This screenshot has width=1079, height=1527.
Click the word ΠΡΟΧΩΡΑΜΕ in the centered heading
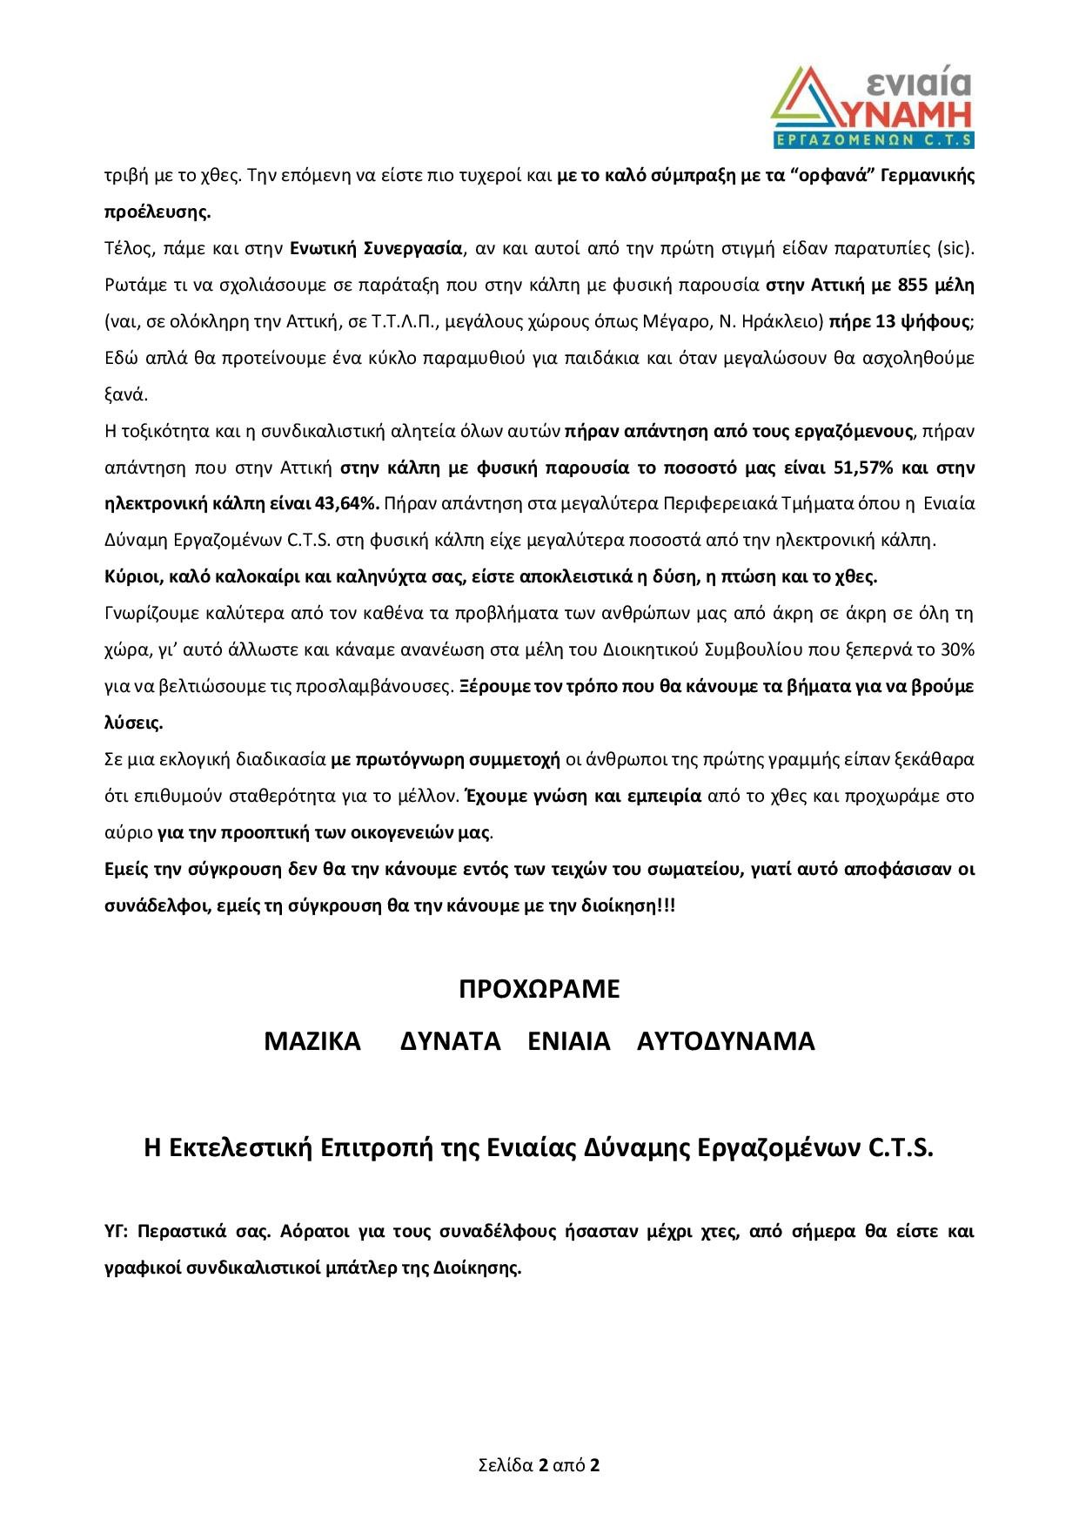point(539,990)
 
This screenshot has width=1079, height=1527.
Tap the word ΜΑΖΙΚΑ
point(312,1042)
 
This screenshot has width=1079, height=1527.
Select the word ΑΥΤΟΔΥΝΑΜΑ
point(726,1042)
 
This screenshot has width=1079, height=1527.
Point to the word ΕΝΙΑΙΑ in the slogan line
point(569,1042)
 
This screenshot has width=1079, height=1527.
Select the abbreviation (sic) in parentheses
point(955,248)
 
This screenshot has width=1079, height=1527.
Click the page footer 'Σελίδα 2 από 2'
point(539,1464)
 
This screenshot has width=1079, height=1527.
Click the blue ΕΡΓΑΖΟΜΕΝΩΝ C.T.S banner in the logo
point(873,139)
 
